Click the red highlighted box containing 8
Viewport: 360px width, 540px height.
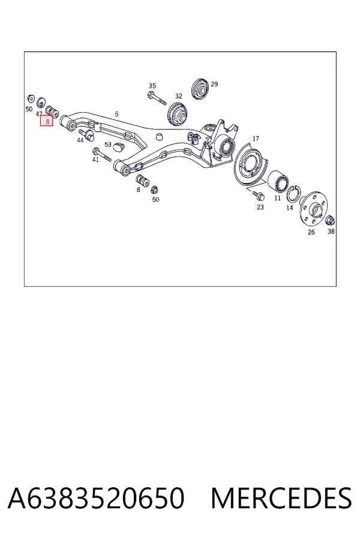point(47,121)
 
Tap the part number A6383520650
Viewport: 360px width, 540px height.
point(96,499)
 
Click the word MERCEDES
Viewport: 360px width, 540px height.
point(281,499)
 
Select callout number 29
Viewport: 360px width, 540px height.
point(214,84)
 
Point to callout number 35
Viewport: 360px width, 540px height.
point(152,86)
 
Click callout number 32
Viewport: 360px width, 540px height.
point(178,96)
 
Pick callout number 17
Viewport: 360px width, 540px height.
point(256,139)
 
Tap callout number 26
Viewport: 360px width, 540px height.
point(311,232)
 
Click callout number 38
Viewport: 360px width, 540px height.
point(331,232)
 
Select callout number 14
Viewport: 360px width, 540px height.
point(290,208)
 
